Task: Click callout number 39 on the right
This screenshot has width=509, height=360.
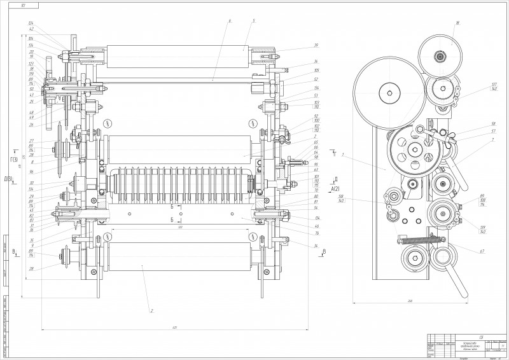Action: [315, 46]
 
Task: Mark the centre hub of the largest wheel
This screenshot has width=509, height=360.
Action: [389, 93]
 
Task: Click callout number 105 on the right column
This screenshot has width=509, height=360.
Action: [316, 70]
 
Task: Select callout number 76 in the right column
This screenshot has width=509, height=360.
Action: [316, 233]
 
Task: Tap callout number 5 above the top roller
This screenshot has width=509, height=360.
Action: [253, 21]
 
